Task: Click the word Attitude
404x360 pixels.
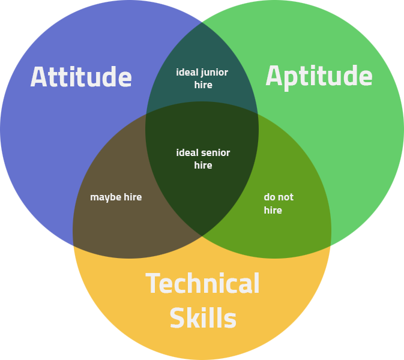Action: [x=81, y=77]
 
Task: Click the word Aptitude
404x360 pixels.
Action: [x=319, y=77]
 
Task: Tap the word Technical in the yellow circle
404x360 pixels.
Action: [x=202, y=283]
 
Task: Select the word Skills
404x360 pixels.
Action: [x=203, y=317]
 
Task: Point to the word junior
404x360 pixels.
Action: [x=215, y=73]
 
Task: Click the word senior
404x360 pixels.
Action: [x=216, y=153]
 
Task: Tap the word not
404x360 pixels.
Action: [x=286, y=197]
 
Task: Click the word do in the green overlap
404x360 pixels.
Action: [x=270, y=197]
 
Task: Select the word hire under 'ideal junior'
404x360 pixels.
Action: [x=204, y=85]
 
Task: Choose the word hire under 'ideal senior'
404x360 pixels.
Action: [x=204, y=165]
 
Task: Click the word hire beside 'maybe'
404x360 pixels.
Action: [x=133, y=197]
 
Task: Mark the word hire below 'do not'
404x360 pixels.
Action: [x=273, y=210]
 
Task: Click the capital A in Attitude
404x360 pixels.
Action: [x=38, y=77]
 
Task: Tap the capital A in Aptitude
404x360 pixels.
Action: [x=274, y=76]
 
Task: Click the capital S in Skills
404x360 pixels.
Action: [x=177, y=318]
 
